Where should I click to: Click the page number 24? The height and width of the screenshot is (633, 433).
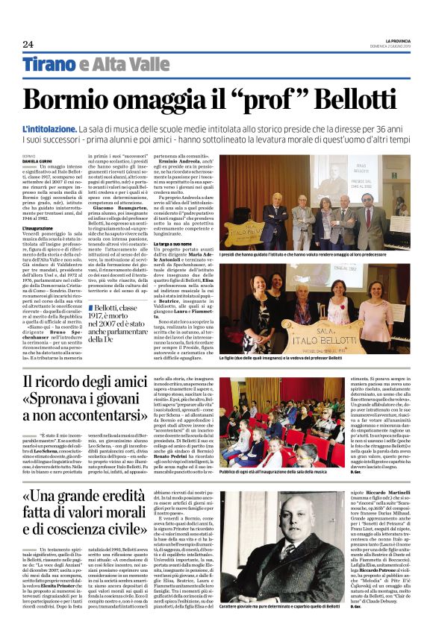tap(28, 44)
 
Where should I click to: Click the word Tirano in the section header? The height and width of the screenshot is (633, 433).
tap(50, 64)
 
